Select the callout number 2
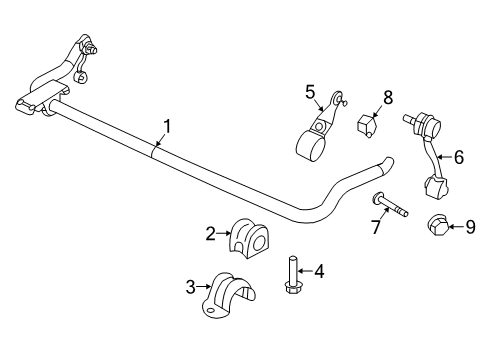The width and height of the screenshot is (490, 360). point(211,234)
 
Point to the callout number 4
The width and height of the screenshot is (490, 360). point(319,270)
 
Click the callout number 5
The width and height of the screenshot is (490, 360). point(311,91)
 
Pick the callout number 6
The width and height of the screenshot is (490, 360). point(459,156)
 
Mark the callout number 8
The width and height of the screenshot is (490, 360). point(388,97)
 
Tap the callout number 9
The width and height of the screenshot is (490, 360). point(471,227)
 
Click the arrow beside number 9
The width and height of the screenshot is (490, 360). point(456,227)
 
